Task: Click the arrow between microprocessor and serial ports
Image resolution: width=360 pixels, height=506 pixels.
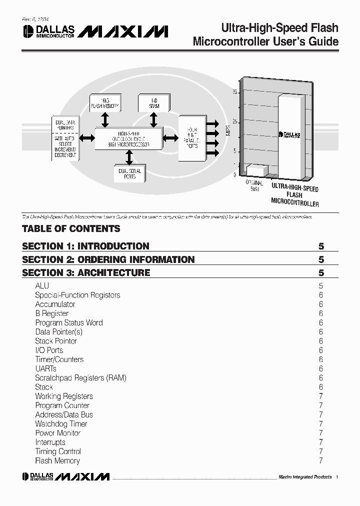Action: pyautogui.click(x=129, y=158)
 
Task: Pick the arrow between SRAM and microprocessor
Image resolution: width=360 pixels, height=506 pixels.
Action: pyautogui.click(x=153, y=119)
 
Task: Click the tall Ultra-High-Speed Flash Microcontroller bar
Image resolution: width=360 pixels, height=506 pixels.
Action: pyautogui.click(x=290, y=135)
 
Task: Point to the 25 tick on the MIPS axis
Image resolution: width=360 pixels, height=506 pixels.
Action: pyautogui.click(x=234, y=121)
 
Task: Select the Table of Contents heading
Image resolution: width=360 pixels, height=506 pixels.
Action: pyautogui.click(x=71, y=229)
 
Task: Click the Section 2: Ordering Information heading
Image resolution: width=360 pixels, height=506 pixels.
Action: pyautogui.click(x=108, y=259)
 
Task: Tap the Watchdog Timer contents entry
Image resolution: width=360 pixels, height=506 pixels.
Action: pyautogui.click(x=61, y=424)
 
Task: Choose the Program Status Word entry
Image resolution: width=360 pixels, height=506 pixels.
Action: pyautogui.click(x=69, y=322)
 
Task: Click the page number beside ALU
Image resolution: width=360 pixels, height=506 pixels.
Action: pyautogui.click(x=320, y=286)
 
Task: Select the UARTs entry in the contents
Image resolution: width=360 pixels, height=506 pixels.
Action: pyautogui.click(x=46, y=368)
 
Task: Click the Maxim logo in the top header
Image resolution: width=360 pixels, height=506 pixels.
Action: pyautogui.click(x=123, y=31)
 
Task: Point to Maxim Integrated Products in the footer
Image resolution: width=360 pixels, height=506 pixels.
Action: pyautogui.click(x=304, y=477)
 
